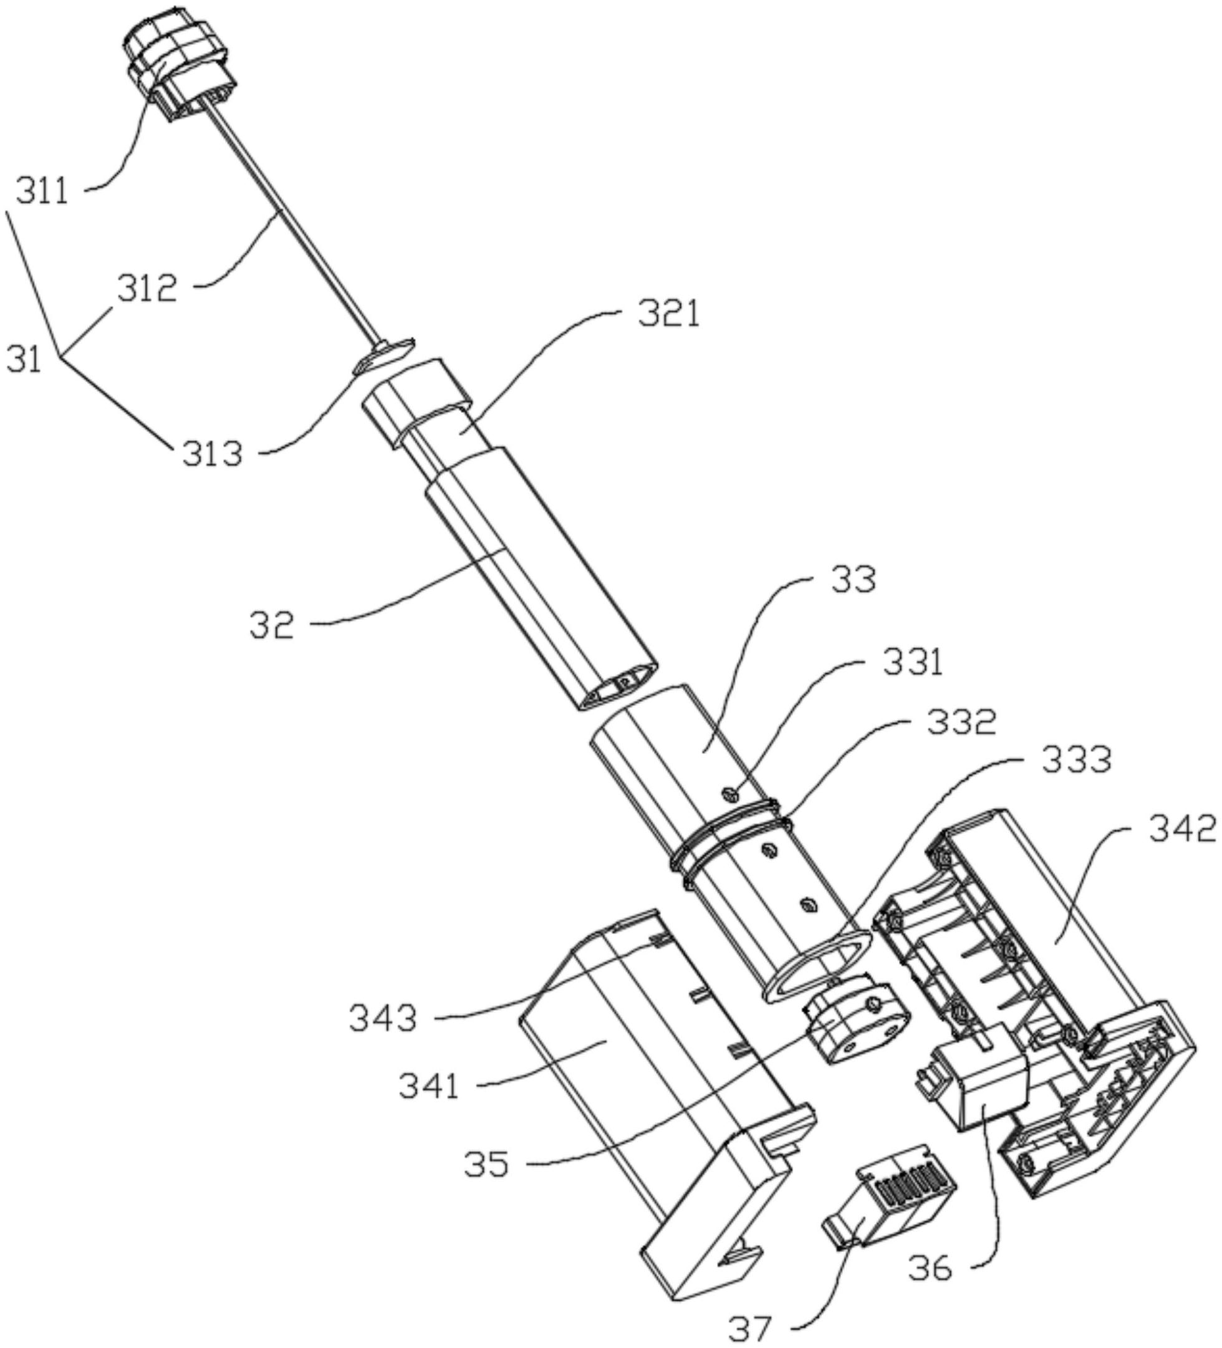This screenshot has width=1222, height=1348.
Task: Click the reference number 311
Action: [x=42, y=193]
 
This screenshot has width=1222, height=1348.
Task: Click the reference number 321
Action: [x=668, y=314]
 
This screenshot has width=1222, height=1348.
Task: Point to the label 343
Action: [x=383, y=1019]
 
